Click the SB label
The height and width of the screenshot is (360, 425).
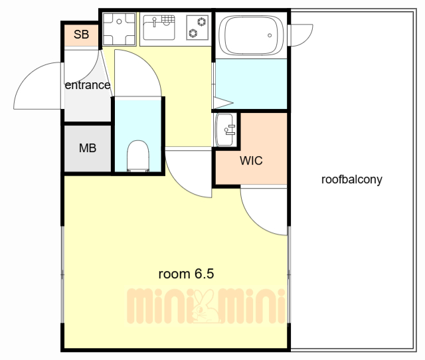click(x=81, y=35)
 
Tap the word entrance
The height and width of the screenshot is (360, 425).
click(x=88, y=85)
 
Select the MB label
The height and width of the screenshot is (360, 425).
click(x=88, y=148)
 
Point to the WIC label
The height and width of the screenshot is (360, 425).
click(x=251, y=161)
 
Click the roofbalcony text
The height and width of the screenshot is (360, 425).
click(x=351, y=179)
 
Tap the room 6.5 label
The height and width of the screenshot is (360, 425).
click(x=186, y=274)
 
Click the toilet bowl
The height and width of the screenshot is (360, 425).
click(x=138, y=156)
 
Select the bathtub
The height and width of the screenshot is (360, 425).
click(x=251, y=35)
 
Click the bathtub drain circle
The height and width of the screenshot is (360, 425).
click(x=270, y=35)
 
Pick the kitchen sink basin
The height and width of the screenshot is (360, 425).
click(x=159, y=28)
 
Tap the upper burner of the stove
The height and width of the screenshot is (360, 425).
click(x=201, y=21)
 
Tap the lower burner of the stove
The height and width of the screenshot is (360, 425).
click(x=193, y=33)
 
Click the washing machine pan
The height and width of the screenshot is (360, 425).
click(x=119, y=29)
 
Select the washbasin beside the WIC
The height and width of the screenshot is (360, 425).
click(x=224, y=130)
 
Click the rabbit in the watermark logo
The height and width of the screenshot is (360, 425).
click(x=205, y=306)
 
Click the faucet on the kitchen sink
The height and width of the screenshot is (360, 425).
click(x=155, y=22)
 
